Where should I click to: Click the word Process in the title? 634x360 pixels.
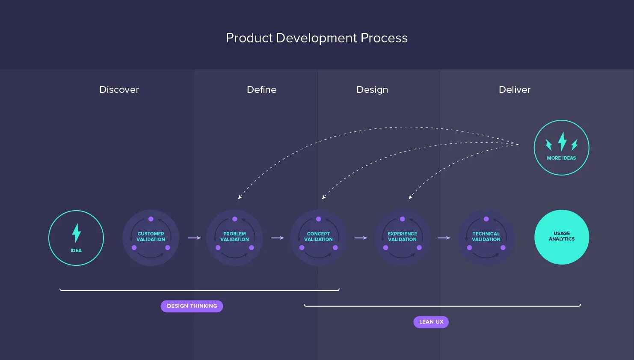(x=384, y=38)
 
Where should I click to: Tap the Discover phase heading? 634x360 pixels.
(x=119, y=89)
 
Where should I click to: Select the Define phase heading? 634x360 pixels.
(x=261, y=89)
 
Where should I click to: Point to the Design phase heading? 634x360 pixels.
(x=372, y=89)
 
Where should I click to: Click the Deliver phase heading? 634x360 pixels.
(x=514, y=89)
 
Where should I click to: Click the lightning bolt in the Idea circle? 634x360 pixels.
(x=76, y=233)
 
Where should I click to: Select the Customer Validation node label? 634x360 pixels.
(x=151, y=237)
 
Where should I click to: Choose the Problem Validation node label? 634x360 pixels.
(x=234, y=237)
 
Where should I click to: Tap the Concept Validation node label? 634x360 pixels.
(x=318, y=237)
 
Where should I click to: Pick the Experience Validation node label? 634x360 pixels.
(x=402, y=237)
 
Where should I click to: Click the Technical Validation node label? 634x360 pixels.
(x=486, y=237)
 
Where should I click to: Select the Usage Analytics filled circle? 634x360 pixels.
(x=562, y=237)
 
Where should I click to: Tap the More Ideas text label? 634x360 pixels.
(x=561, y=158)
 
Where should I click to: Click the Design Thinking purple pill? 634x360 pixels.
(x=192, y=306)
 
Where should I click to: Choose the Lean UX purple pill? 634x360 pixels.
(x=431, y=322)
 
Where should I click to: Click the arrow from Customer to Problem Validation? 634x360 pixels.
(x=194, y=238)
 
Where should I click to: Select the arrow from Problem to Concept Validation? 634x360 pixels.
(x=278, y=238)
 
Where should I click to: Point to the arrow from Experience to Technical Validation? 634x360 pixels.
(x=444, y=238)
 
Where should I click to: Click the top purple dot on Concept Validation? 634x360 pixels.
(x=318, y=219)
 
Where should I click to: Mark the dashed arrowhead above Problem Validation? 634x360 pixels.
(x=240, y=197)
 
